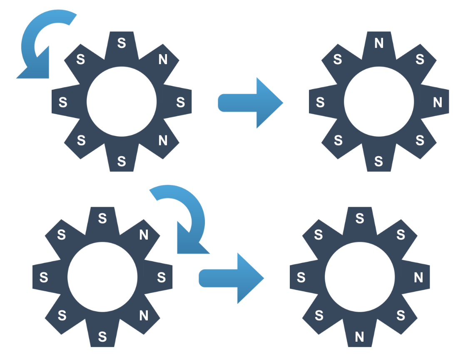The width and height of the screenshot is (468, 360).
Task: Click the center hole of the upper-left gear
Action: coord(122,101)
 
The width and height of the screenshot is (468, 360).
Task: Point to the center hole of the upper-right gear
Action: coord(379,101)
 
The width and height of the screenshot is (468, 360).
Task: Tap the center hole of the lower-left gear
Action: coord(102,277)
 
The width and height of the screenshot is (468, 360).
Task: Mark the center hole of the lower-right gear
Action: coord(360,277)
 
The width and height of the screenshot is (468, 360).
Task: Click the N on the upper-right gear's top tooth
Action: coord(379,43)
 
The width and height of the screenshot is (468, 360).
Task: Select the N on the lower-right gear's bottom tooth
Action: coord(360,336)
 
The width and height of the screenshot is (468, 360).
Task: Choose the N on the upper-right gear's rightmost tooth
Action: coord(438,102)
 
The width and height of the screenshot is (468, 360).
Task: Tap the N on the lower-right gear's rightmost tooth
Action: coord(418,277)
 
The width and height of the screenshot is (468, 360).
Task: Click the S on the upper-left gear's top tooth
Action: coord(122,43)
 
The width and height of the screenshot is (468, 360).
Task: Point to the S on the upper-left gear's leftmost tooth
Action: coord(63,102)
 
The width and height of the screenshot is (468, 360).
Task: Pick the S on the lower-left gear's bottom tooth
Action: coord(102,336)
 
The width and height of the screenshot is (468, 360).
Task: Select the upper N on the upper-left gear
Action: coord(163,60)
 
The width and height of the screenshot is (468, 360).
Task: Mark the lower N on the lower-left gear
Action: coord(144,316)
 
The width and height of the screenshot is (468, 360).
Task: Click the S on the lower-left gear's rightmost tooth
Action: coord(162,277)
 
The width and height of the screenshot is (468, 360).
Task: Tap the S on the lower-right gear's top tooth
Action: coord(360,218)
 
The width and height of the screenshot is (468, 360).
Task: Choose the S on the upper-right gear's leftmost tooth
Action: coord(320,102)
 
